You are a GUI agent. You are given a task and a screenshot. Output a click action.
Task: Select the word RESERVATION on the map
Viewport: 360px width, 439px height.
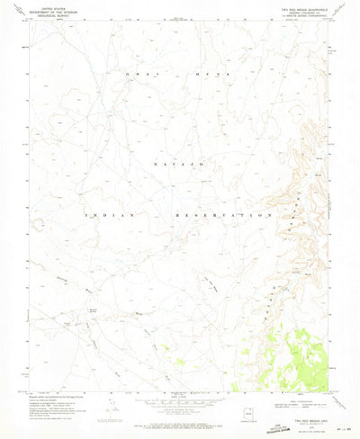[223, 216]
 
